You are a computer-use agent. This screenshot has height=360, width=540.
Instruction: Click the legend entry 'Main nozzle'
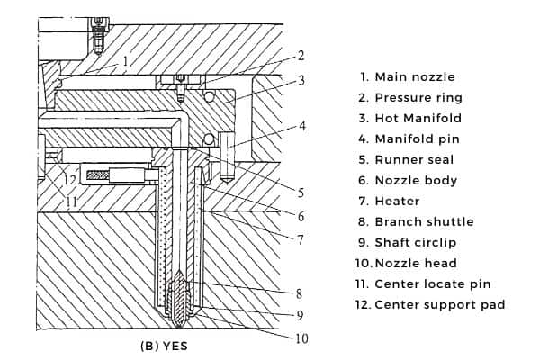415,76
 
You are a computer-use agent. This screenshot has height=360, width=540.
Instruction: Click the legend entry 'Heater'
396,201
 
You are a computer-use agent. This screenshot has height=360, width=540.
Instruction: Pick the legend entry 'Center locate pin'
425,283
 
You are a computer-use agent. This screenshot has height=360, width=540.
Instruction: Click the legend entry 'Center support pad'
431,304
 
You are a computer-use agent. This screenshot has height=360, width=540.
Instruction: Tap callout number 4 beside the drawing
302,126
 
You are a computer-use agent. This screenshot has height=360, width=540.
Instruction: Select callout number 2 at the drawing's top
301,56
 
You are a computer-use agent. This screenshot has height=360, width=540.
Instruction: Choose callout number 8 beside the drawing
299,292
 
